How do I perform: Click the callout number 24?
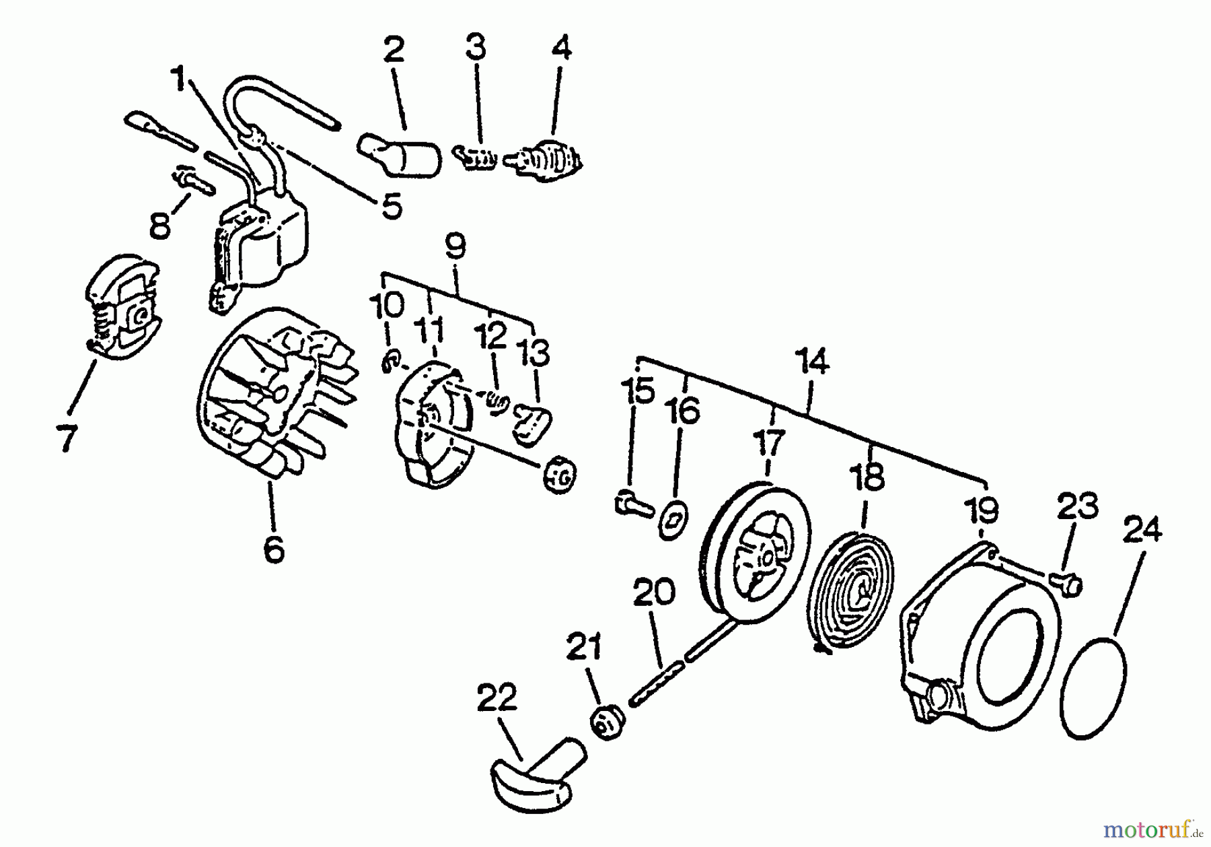pyautogui.click(x=1141, y=531)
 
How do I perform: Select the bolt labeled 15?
pyautogui.click(x=632, y=504)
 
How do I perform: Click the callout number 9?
pyautogui.click(x=455, y=246)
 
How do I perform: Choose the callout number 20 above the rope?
pyautogui.click(x=654, y=593)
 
